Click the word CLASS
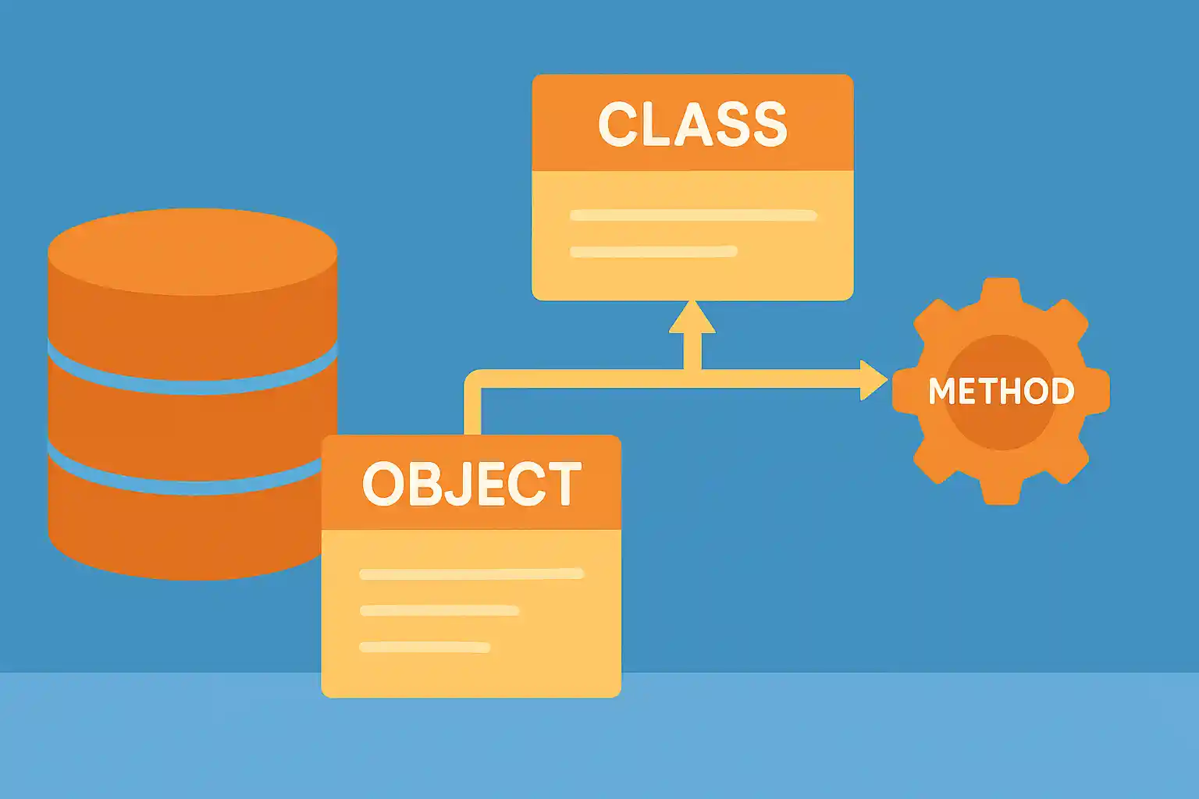[x=692, y=125]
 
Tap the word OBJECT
[x=471, y=484]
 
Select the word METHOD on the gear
[x=1001, y=391]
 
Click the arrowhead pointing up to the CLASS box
[x=692, y=318]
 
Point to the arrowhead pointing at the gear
[x=873, y=380]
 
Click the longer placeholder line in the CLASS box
[x=693, y=215]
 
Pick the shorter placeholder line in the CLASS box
[x=653, y=251]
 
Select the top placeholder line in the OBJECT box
[x=471, y=574]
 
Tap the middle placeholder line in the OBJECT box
[x=439, y=610]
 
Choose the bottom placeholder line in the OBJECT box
[x=425, y=647]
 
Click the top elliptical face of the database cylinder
[x=193, y=251]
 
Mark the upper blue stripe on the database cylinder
[x=193, y=383]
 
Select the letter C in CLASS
[x=617, y=125]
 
